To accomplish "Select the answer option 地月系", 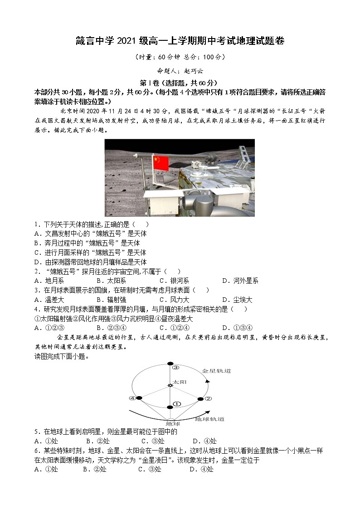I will click(x=49, y=281).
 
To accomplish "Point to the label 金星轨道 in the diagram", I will click(x=217, y=371).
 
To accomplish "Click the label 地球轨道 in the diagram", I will click(x=209, y=419).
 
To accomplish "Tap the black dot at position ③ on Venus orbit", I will click(x=170, y=364).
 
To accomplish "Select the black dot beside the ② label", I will click(x=201, y=399).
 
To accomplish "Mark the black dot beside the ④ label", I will click(x=139, y=398).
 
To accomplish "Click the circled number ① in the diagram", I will click(x=177, y=403).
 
